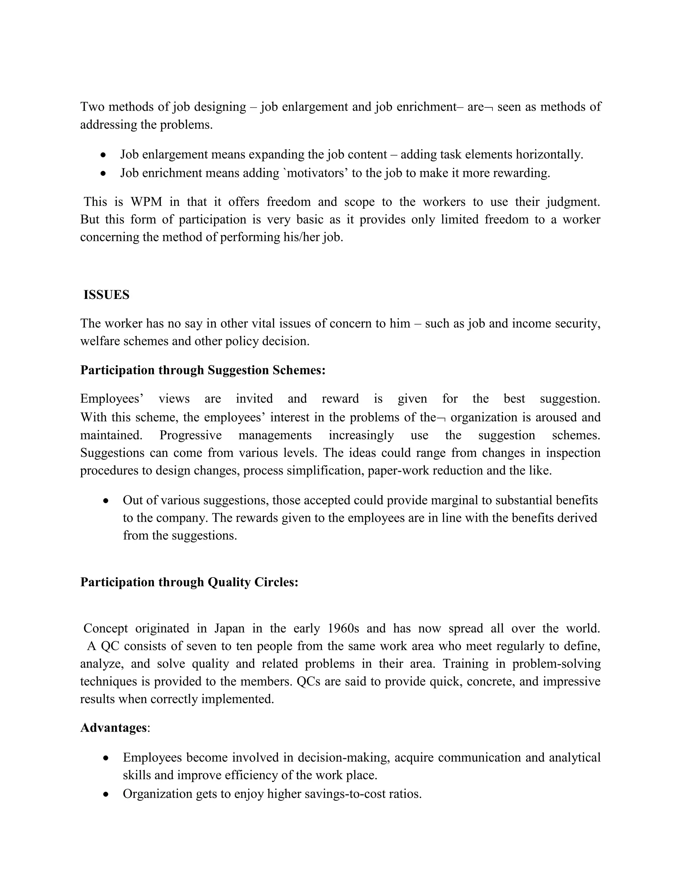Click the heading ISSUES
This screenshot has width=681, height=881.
point(106,295)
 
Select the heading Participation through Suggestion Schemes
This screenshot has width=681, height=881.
point(203,370)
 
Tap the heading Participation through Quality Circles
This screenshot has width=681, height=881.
point(189,582)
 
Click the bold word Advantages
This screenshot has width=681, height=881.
point(113,728)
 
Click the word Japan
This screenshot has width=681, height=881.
point(229,628)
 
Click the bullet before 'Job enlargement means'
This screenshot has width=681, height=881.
point(104,155)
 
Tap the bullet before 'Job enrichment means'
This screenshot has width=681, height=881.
point(104,174)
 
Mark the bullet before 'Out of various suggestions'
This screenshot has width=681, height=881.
point(106,501)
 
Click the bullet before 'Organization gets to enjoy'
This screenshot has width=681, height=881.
point(106,794)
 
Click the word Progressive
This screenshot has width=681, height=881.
point(191,435)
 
